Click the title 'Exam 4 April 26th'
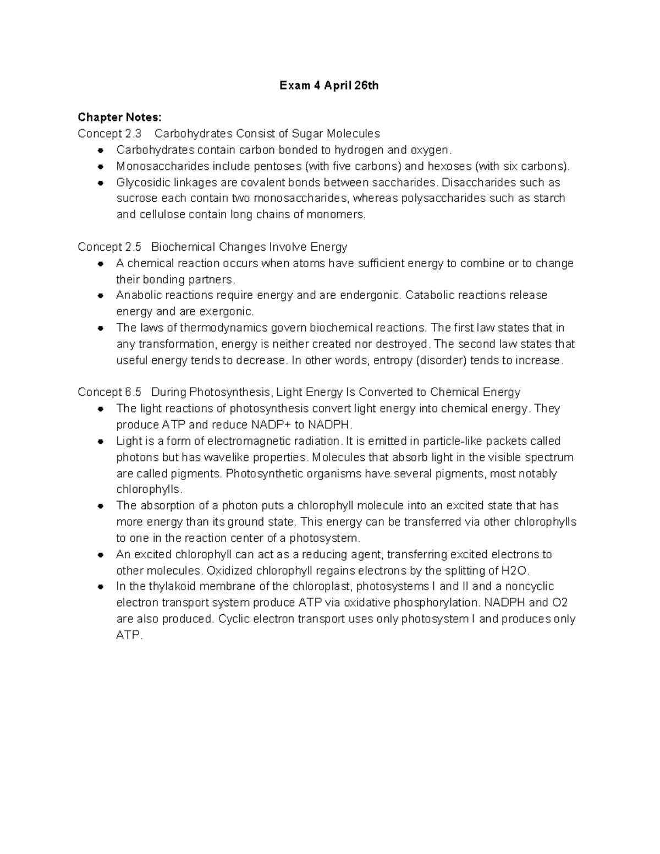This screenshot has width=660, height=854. click(x=329, y=85)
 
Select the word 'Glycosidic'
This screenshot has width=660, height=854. click(x=141, y=183)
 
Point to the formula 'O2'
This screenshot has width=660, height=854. click(x=560, y=603)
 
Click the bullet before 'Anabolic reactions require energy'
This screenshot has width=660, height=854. click(x=100, y=296)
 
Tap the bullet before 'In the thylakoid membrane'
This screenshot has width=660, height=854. click(x=100, y=587)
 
